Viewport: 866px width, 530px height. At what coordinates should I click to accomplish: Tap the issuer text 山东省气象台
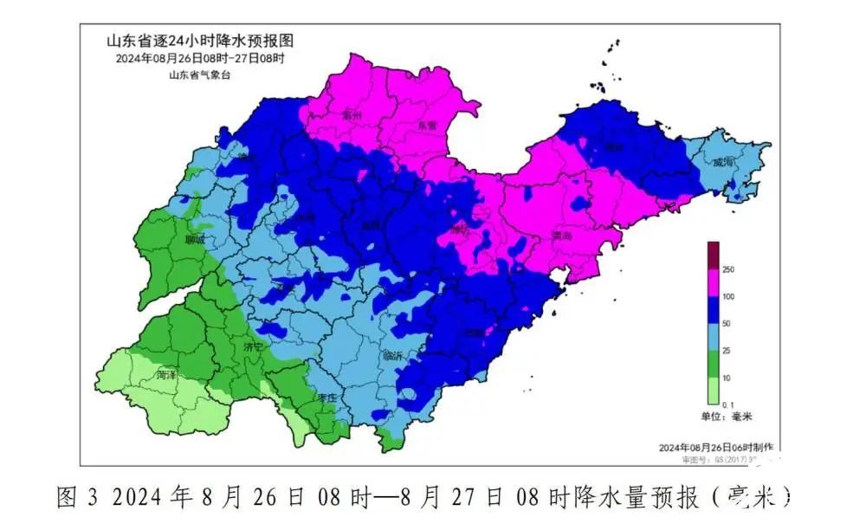tap(200, 75)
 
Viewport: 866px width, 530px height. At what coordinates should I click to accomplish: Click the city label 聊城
tap(194, 240)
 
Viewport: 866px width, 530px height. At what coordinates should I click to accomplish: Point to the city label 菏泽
tap(166, 376)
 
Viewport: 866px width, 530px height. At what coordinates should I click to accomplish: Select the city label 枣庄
tap(326, 397)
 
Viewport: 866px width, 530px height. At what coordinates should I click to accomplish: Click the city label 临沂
tap(393, 356)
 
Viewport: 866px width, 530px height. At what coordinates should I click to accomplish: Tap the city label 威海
tap(723, 162)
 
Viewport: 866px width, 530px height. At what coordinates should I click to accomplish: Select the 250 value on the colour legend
tap(728, 270)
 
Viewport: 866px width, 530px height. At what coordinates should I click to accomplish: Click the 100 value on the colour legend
tap(728, 296)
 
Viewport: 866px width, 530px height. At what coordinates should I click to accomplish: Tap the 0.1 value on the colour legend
tap(728, 404)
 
